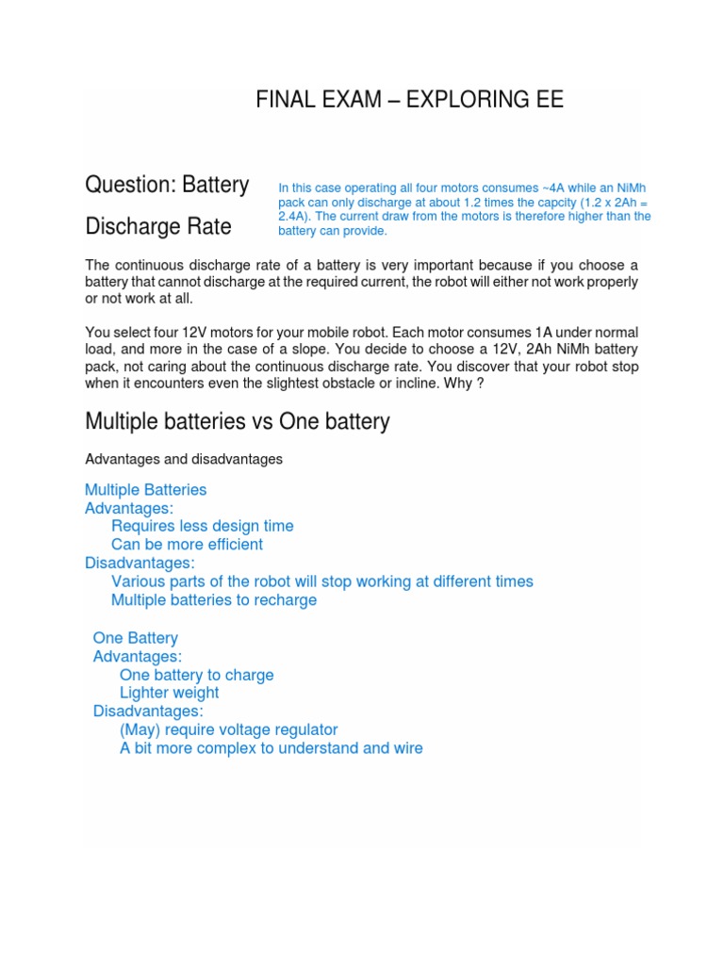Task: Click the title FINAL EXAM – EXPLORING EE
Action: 409,100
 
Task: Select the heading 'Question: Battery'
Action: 167,185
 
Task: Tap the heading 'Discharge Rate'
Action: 157,227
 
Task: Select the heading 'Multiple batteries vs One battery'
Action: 237,421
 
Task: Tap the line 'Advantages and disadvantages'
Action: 183,459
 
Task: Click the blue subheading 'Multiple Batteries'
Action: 145,490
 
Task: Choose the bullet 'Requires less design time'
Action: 202,526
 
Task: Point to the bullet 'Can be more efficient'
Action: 187,545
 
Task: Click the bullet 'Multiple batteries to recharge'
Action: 213,600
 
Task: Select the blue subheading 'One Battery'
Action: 135,638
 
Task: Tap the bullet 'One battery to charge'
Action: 196,675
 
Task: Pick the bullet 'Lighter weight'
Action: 169,693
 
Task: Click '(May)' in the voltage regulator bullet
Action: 140,729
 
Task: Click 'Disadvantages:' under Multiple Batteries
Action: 140,563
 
